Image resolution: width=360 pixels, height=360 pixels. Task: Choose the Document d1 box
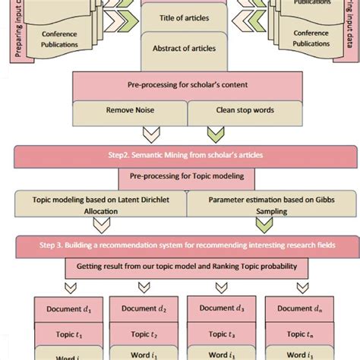pyautogui.click(x=62, y=309)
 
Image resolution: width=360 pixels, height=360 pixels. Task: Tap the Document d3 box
pyautogui.click(x=217, y=308)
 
